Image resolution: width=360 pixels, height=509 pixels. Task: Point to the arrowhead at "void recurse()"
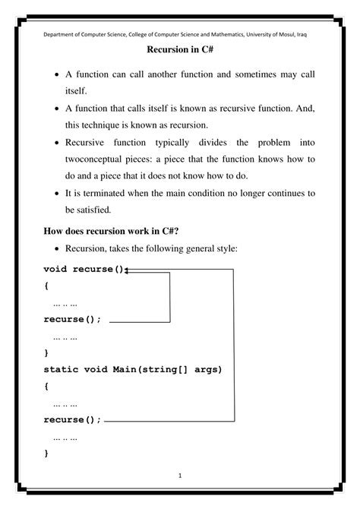(x=128, y=269)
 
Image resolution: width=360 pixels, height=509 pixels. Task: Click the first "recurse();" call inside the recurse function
(x=71, y=320)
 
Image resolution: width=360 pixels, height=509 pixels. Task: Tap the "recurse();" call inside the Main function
(x=71, y=419)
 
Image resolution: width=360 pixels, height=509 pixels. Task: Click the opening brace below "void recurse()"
(x=46, y=286)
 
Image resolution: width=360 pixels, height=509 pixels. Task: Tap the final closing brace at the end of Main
(x=46, y=454)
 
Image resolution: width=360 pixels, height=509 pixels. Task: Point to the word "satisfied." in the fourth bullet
(x=89, y=209)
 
